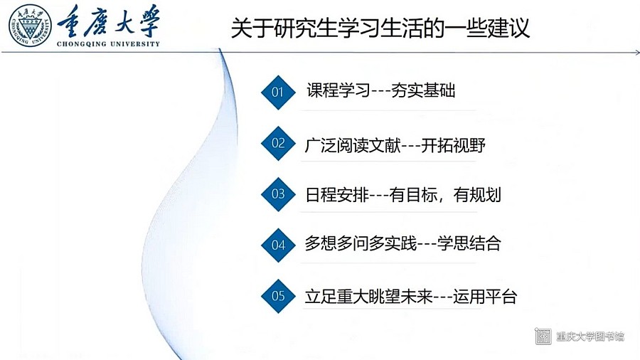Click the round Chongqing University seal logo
pyautogui.click(x=31, y=26)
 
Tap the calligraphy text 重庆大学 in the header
pyautogui.click(x=109, y=21)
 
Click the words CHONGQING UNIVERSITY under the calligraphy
pyautogui.click(x=108, y=44)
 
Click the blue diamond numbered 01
pyautogui.click(x=278, y=92)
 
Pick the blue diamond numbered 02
pyautogui.click(x=278, y=143)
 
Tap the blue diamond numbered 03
pyautogui.click(x=278, y=194)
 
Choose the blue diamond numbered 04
pyautogui.click(x=278, y=245)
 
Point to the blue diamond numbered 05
pyautogui.click(x=278, y=296)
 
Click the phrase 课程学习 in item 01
pyautogui.click(x=338, y=90)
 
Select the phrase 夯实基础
pyautogui.click(x=423, y=90)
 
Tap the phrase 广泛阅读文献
pyautogui.click(x=353, y=145)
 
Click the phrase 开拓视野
pyautogui.click(x=453, y=145)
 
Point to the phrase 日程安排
pyautogui.click(x=337, y=195)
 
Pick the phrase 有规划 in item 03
pyautogui.click(x=477, y=195)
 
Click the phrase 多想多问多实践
pyautogui.click(x=361, y=243)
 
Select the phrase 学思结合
pyautogui.click(x=469, y=243)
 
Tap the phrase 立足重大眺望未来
pyautogui.click(x=368, y=297)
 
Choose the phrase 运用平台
pyautogui.click(x=485, y=297)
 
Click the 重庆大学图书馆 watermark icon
pyautogui.click(x=543, y=336)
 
